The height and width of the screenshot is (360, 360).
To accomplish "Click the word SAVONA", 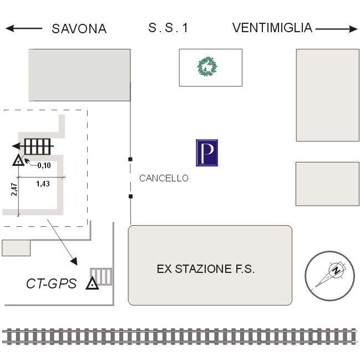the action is [x=79, y=29].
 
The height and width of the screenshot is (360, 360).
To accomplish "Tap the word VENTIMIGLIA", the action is [x=272, y=28].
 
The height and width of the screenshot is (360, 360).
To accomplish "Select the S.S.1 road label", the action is [x=168, y=28].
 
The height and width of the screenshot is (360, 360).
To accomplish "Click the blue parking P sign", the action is [x=207, y=153].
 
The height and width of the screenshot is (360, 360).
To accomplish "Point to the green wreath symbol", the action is [x=207, y=67].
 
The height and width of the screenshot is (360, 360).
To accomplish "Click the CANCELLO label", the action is [x=164, y=178].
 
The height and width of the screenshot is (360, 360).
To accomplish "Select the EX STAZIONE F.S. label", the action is [x=206, y=269].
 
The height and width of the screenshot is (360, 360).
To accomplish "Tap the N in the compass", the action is [x=337, y=270].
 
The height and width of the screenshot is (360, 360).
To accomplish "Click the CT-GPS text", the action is [x=52, y=283].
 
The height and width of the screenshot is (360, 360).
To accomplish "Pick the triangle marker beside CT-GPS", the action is [x=92, y=284].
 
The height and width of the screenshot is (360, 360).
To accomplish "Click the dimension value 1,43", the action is [x=43, y=184].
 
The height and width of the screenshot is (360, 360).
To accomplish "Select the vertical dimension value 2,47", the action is [x=14, y=189].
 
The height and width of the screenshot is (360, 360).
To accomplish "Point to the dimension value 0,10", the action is [x=44, y=165].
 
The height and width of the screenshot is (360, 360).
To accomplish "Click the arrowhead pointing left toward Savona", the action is [x=10, y=28].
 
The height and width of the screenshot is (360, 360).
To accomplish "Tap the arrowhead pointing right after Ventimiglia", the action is [x=353, y=29].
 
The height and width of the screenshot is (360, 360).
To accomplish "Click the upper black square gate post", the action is [x=130, y=159].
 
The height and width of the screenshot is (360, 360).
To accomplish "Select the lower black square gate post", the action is [x=130, y=196].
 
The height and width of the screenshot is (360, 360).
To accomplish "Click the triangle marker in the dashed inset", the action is [x=18, y=160].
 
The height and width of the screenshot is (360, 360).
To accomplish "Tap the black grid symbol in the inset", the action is [x=37, y=146].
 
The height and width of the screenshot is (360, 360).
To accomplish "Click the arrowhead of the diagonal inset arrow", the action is [x=74, y=261].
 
